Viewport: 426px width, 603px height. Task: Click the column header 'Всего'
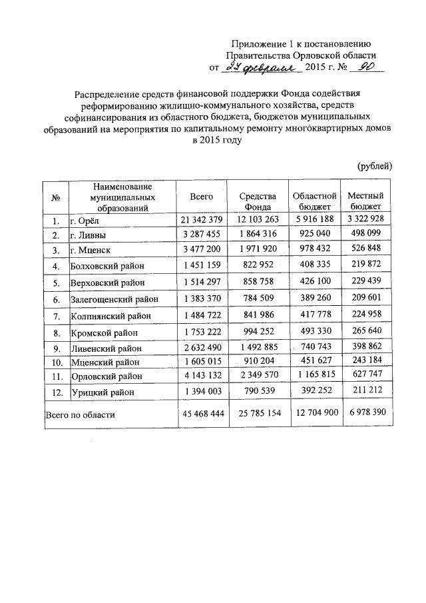(x=201, y=197)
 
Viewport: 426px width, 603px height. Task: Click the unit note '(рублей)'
(x=375, y=166)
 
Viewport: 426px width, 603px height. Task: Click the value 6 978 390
(x=366, y=414)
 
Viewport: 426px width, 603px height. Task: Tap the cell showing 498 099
(x=366, y=235)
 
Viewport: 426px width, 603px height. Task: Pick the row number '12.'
(x=55, y=392)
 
